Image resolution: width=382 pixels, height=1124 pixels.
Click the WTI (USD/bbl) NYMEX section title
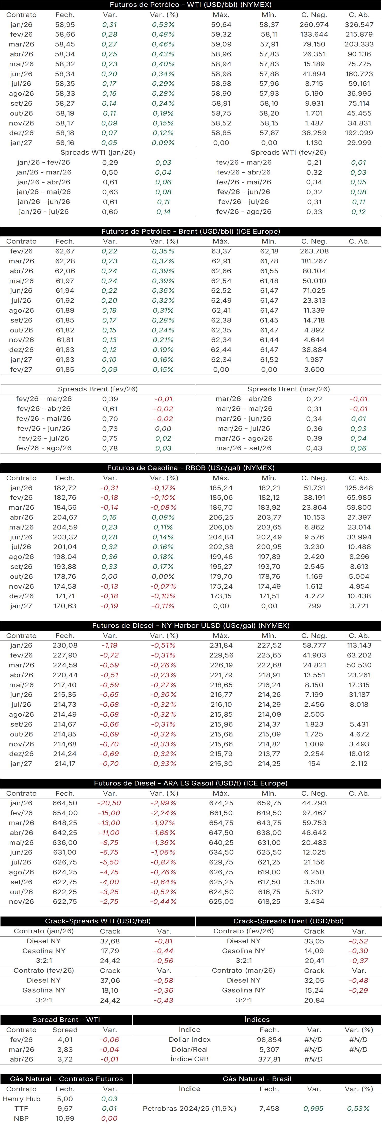(x=191, y=5)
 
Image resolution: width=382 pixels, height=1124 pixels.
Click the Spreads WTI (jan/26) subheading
(x=98, y=153)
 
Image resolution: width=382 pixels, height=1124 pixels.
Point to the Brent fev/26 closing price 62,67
(x=65, y=251)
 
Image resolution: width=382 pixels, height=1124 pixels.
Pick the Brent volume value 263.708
(x=314, y=251)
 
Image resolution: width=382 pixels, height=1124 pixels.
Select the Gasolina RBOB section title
(x=191, y=468)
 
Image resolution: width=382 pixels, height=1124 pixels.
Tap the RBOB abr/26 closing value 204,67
(x=65, y=518)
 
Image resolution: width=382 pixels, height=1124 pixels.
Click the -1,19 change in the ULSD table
(x=109, y=645)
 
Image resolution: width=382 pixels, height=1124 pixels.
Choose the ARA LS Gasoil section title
(x=191, y=783)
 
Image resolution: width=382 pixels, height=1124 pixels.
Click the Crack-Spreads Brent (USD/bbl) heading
(x=289, y=921)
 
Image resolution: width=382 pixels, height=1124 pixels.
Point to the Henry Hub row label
(x=21, y=1099)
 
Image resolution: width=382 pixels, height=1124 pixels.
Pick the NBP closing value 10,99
(x=65, y=1118)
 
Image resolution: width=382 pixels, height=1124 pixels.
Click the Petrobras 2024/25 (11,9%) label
(x=189, y=1109)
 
